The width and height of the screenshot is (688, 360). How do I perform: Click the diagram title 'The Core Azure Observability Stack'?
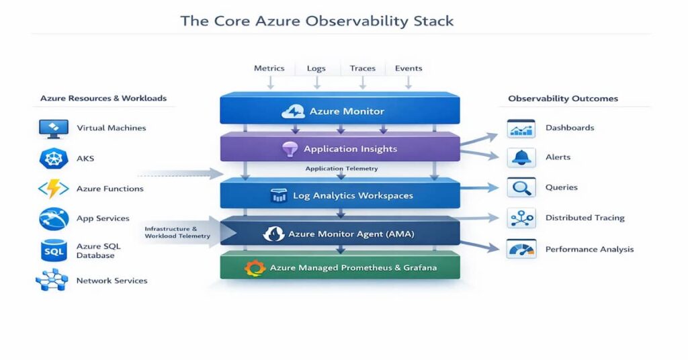coord(316,21)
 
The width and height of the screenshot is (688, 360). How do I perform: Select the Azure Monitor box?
coord(340,110)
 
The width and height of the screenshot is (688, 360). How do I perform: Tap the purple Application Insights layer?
coord(340,148)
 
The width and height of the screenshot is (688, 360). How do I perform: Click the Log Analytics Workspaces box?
coord(340,195)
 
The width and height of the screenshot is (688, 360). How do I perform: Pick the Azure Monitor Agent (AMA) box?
coord(340,234)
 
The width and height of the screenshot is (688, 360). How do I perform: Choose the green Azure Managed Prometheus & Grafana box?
coord(340,267)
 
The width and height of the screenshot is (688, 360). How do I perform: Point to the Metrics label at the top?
coord(269,68)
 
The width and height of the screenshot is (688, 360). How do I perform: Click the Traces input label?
coord(362,68)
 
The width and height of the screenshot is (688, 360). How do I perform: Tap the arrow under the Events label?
coord(408,82)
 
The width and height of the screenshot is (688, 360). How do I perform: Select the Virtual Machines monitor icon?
coord(54,128)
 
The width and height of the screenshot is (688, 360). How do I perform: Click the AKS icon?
coord(54,159)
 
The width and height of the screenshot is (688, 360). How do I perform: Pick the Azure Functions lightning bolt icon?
coord(54,189)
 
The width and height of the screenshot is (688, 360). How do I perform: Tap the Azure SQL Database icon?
coord(54,251)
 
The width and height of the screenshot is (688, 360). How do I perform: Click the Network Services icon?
coord(52,280)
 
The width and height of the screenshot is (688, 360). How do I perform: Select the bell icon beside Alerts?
coord(521,157)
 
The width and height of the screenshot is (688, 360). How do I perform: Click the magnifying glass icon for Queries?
coord(521,187)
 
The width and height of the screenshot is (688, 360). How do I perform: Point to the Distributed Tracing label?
coord(585,218)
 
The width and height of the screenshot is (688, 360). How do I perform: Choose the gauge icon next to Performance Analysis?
coord(521,249)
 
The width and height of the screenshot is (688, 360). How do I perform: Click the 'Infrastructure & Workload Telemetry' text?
coord(177,232)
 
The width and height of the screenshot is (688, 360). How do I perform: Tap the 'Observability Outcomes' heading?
coord(562,99)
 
